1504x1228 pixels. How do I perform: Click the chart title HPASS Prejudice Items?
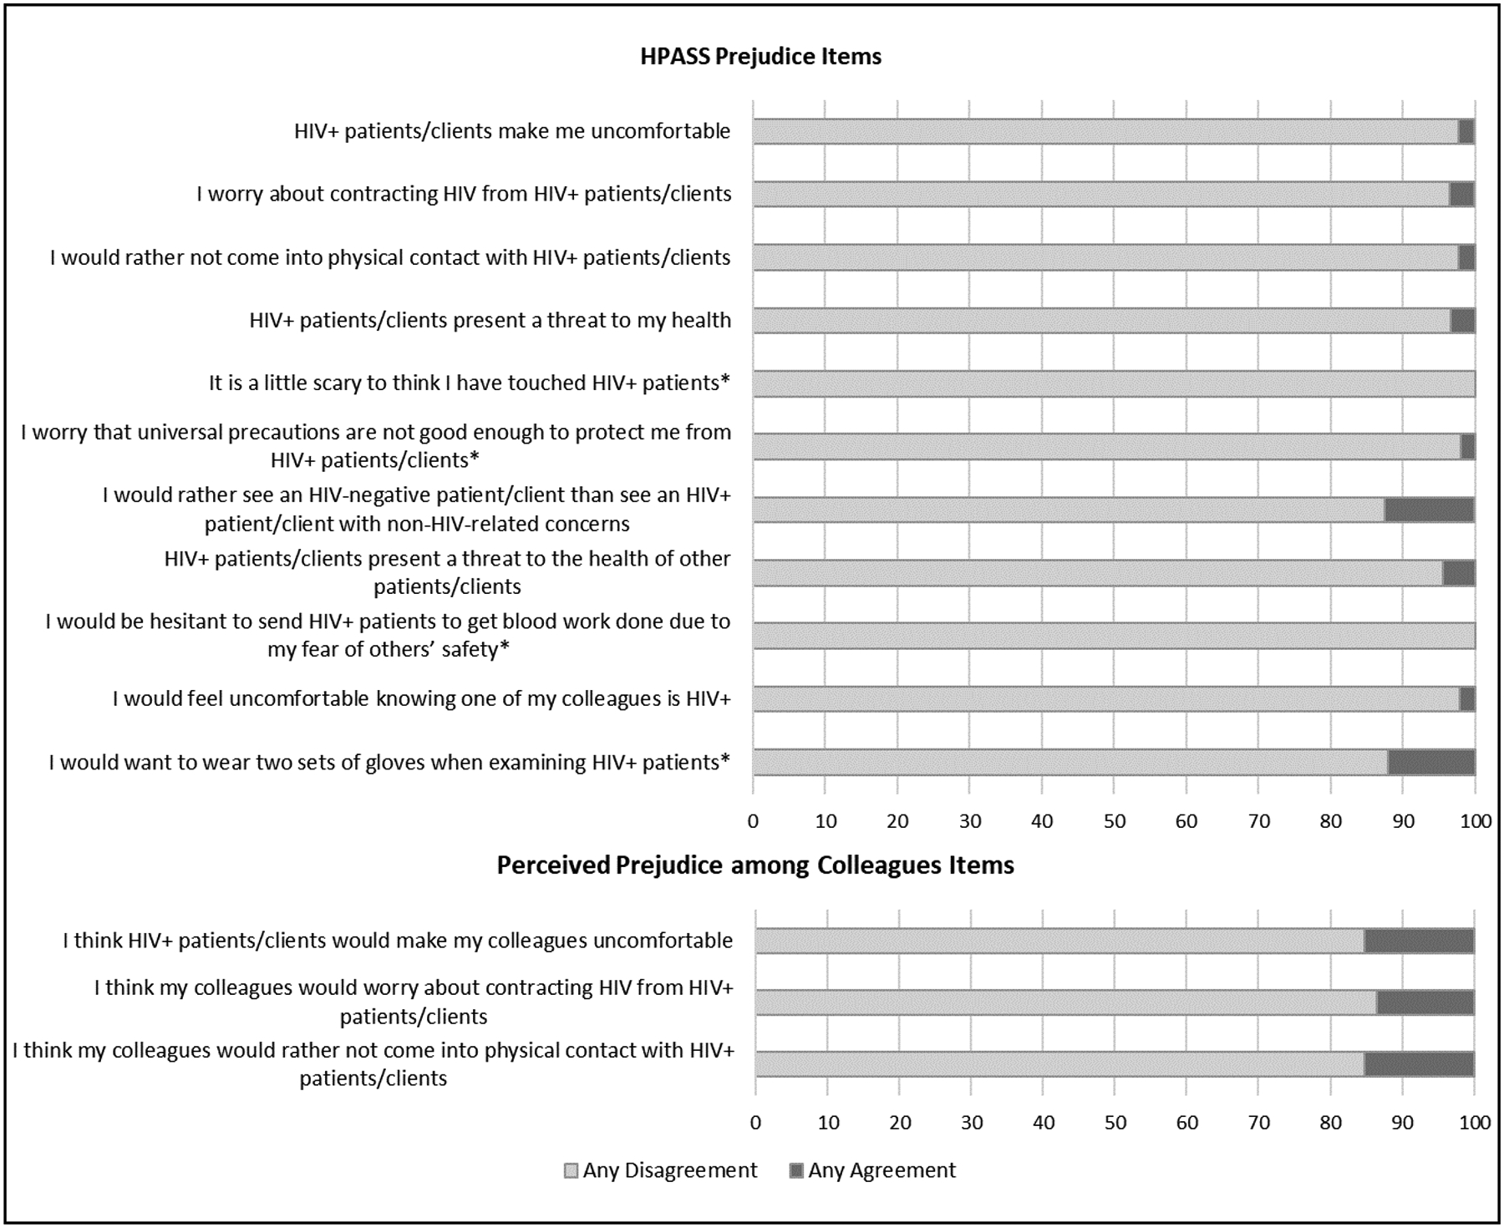pyautogui.click(x=760, y=57)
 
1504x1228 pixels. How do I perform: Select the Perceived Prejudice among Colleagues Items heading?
pyautogui.click(x=755, y=865)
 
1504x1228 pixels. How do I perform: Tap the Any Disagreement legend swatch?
pyautogui.click(x=572, y=1171)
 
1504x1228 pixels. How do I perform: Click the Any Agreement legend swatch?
pyautogui.click(x=796, y=1171)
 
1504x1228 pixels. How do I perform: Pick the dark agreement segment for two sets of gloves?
pyautogui.click(x=1430, y=763)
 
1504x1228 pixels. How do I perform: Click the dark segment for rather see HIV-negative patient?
pyautogui.click(x=1429, y=510)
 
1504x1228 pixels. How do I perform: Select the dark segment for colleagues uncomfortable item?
pyautogui.click(x=1419, y=941)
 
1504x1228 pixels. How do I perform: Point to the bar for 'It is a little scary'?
pyautogui.click(x=1113, y=383)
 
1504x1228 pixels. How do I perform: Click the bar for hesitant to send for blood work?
pyautogui.click(x=1113, y=636)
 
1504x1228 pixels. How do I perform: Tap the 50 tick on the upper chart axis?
pyautogui.click(x=1114, y=821)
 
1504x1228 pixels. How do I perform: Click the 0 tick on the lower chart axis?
pyautogui.click(x=755, y=1122)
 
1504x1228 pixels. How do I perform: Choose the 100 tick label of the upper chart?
pyautogui.click(x=1475, y=821)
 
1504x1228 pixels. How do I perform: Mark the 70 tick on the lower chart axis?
pyautogui.click(x=1259, y=1122)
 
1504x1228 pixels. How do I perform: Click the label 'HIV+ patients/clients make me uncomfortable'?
pyautogui.click(x=512, y=131)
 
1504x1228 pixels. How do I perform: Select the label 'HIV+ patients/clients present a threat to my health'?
pyautogui.click(x=490, y=320)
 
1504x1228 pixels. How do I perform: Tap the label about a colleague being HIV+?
pyautogui.click(x=421, y=698)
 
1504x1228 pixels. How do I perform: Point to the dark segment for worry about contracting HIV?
pyautogui.click(x=1461, y=195)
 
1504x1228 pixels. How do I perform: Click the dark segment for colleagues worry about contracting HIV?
pyautogui.click(x=1425, y=1002)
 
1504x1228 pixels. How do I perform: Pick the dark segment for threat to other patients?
pyautogui.click(x=1458, y=573)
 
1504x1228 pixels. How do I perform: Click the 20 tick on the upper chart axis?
pyautogui.click(x=897, y=821)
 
